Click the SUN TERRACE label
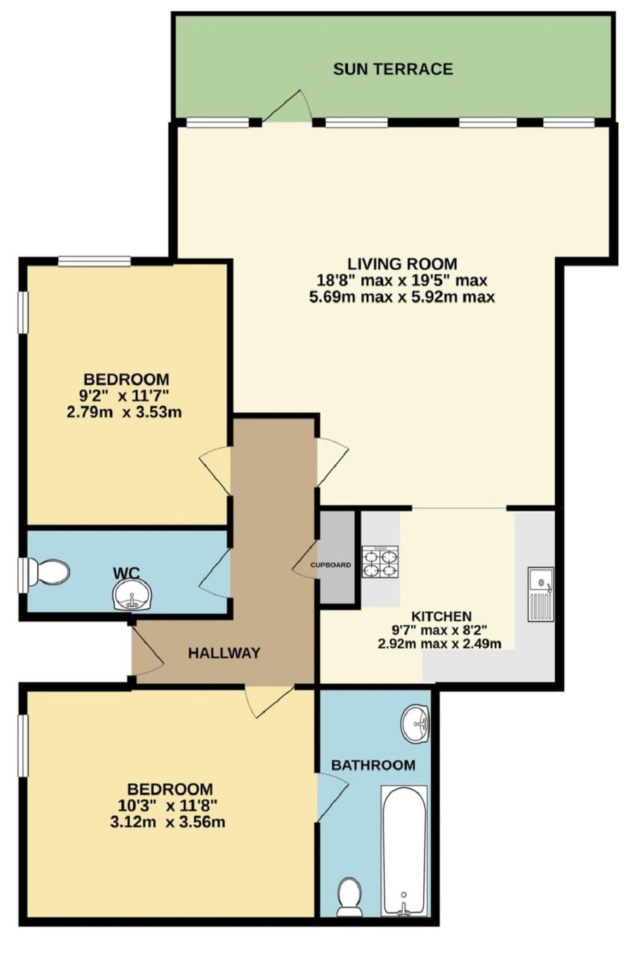pyautogui.click(x=392, y=69)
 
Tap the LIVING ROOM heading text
pyautogui.click(x=402, y=264)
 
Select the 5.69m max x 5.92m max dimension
pyautogui.click(x=402, y=297)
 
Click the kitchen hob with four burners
pyautogui.click(x=380, y=562)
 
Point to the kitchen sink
pyautogui.click(x=541, y=594)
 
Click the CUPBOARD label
pyautogui.click(x=331, y=565)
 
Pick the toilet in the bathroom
pyautogui.click(x=349, y=896)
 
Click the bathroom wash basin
pyautogui.click(x=415, y=724)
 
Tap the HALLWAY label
pyautogui.click(x=224, y=653)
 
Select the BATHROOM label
pyautogui.click(x=373, y=765)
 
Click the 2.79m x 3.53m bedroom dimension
pyautogui.click(x=124, y=413)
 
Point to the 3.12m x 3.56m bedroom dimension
pyautogui.click(x=167, y=822)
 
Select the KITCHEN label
pyautogui.click(x=441, y=616)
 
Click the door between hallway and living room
pyautogui.click(x=331, y=463)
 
